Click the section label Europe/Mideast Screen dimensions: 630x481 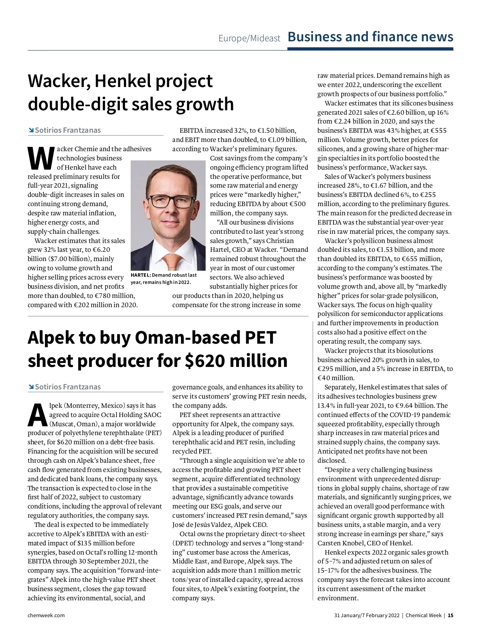tap(249, 38)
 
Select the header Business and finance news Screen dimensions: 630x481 tap(370, 37)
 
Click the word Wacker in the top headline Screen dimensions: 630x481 tap(58, 81)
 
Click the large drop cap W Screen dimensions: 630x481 tap(40, 158)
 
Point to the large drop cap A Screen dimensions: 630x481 tap(37, 415)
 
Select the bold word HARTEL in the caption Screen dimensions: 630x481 tap(140, 275)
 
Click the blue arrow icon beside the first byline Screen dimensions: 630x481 tap(31, 130)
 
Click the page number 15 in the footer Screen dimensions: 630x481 tap(451, 615)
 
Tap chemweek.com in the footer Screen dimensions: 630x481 tap(46, 615)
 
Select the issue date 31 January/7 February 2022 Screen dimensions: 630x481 tap(367, 615)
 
